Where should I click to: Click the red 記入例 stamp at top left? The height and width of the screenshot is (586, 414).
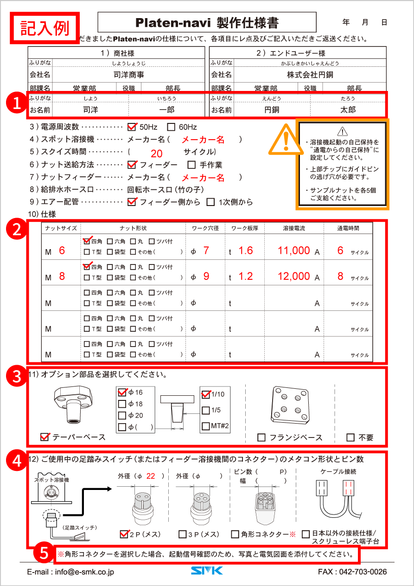pyautogui.click(x=45, y=27)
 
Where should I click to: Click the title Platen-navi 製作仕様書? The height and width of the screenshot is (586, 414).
pyautogui.click(x=207, y=22)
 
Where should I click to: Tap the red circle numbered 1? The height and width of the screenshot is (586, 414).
pyautogui.click(x=17, y=103)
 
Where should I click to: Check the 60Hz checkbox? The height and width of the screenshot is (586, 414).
pyautogui.click(x=171, y=127)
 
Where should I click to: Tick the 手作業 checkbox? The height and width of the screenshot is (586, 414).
pyautogui.click(x=191, y=165)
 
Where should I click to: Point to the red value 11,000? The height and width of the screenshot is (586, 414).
pyautogui.click(x=293, y=251)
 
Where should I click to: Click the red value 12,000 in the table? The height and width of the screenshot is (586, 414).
pyautogui.click(x=293, y=276)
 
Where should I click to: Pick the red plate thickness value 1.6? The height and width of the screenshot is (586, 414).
pyautogui.click(x=246, y=251)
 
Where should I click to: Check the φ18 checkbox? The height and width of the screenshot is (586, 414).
pyautogui.click(x=122, y=404)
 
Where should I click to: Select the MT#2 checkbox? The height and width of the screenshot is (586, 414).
pyautogui.click(x=206, y=426)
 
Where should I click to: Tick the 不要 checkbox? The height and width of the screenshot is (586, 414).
pyautogui.click(x=350, y=438)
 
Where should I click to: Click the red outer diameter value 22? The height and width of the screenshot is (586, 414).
pyautogui.click(x=150, y=476)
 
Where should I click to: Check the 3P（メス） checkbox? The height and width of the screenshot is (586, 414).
pyautogui.click(x=183, y=534)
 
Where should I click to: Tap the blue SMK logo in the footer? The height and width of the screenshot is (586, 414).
pyautogui.click(x=207, y=571)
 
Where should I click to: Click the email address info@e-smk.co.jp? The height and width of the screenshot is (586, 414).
pyautogui.click(x=70, y=572)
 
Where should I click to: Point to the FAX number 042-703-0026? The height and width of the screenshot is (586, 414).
pyautogui.click(x=352, y=572)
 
